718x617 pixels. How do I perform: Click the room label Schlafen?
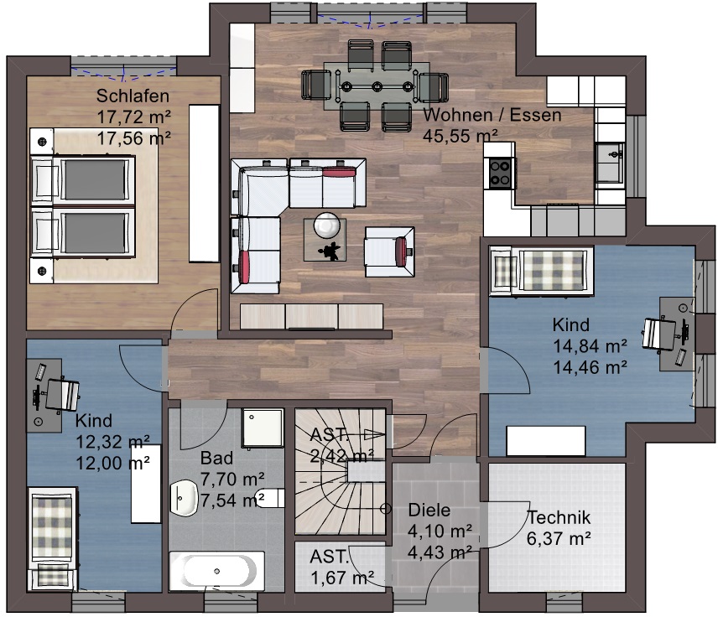(133, 96)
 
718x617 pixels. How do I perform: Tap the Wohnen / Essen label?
(492, 114)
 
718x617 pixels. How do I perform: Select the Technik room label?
(559, 517)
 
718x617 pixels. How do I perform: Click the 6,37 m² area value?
(559, 538)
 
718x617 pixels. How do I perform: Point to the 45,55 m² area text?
(460, 136)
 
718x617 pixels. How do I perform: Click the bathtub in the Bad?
(216, 571)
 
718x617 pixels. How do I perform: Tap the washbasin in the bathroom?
(184, 498)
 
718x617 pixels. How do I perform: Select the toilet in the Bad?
(270, 499)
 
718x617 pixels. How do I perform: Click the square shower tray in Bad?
(263, 428)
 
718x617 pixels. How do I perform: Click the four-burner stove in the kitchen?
(500, 173)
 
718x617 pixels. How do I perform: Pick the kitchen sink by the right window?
(610, 163)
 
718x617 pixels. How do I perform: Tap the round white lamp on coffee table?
(326, 226)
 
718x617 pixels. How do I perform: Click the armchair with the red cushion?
(390, 251)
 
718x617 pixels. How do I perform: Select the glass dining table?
(377, 86)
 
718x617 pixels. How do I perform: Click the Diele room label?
(429, 510)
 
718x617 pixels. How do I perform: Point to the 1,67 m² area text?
(342, 578)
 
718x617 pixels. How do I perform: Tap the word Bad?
(216, 458)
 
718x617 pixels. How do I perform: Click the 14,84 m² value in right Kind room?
(591, 346)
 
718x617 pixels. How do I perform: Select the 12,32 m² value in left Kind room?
(112, 442)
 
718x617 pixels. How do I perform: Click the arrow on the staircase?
(372, 434)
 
